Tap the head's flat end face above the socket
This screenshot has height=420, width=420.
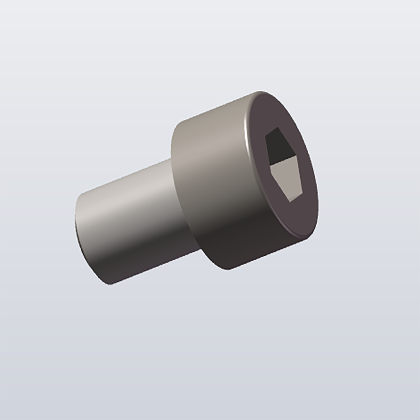click(x=273, y=111)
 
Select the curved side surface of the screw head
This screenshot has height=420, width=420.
click(x=210, y=176)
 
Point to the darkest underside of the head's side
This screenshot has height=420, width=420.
click(x=227, y=252)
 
